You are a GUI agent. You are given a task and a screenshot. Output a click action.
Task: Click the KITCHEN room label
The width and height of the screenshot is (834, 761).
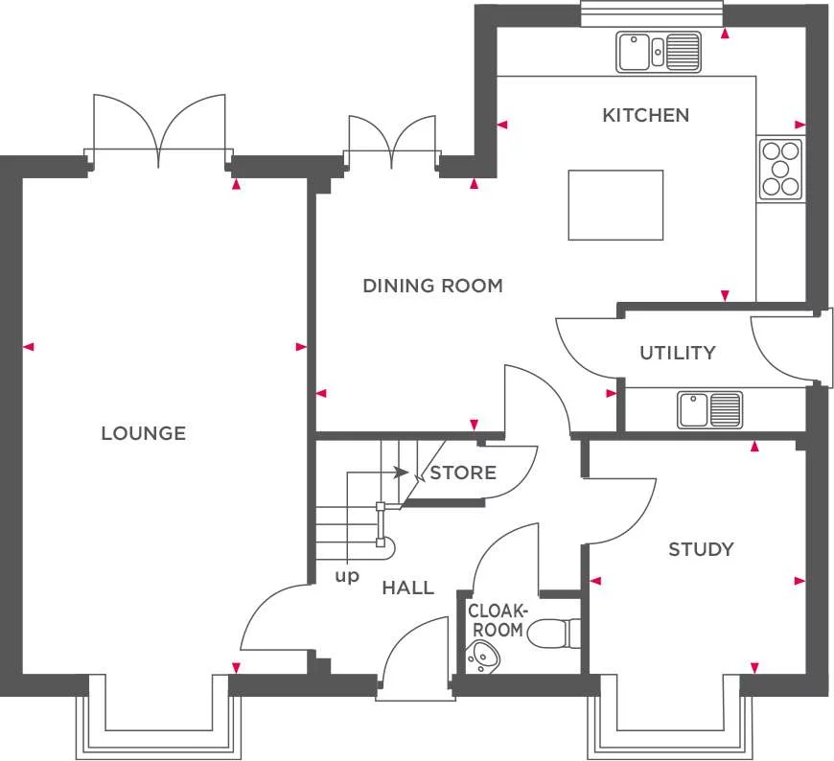click(x=645, y=115)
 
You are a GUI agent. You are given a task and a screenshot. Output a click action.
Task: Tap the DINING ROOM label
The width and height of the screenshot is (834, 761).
click(x=432, y=286)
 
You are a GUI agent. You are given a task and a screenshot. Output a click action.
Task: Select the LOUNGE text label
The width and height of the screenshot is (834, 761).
click(x=143, y=433)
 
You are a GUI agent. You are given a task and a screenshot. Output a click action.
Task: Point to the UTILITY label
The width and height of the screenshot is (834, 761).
click(x=677, y=353)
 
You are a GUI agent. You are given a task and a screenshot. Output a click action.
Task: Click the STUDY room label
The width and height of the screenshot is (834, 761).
click(x=701, y=549)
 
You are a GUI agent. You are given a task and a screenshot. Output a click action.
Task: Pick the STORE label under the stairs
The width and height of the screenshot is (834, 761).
click(x=463, y=473)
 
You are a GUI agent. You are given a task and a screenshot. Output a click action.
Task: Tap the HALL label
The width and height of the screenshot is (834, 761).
click(x=407, y=588)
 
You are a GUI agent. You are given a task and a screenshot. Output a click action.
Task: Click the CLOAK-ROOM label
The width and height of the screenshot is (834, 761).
click(x=497, y=620)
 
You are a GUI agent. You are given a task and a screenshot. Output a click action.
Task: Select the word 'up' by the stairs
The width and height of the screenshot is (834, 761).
click(x=346, y=577)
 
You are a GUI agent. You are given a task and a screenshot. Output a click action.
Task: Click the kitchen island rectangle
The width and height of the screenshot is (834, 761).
click(x=615, y=205)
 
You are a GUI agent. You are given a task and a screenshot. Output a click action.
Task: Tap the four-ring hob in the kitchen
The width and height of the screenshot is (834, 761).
click(x=780, y=170)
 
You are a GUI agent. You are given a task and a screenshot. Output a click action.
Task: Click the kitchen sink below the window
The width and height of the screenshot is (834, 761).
click(x=659, y=52)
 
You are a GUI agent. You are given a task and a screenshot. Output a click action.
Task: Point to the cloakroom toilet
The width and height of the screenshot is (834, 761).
click(x=555, y=633)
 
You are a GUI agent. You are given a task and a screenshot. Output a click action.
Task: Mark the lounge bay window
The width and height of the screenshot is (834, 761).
click(x=158, y=719)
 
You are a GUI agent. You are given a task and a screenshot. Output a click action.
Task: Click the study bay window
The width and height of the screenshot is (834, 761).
click(x=670, y=719)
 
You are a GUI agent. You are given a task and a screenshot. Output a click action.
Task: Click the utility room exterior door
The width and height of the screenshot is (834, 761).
click(x=786, y=350)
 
